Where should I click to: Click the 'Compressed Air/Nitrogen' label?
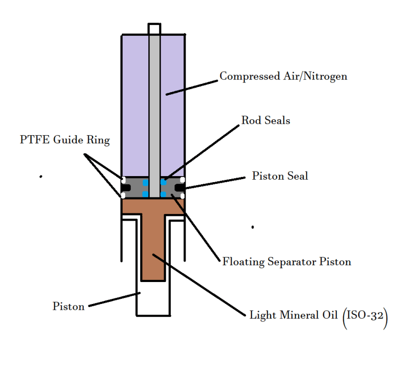[x=283, y=76]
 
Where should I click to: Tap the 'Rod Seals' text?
[x=265, y=120]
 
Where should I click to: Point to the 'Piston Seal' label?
[x=280, y=176]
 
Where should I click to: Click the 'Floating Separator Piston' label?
[x=286, y=262]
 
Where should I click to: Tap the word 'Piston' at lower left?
[x=69, y=307]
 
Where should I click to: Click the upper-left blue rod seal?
[x=146, y=182]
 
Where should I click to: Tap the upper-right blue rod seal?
[x=164, y=182]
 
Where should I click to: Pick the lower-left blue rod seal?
[x=146, y=194]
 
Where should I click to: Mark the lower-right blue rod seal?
[x=164, y=194]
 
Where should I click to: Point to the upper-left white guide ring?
[x=123, y=180]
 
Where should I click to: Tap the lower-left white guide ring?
[x=123, y=196]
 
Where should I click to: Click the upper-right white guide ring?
[x=183, y=180]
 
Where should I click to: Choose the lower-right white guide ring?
[x=183, y=196]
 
